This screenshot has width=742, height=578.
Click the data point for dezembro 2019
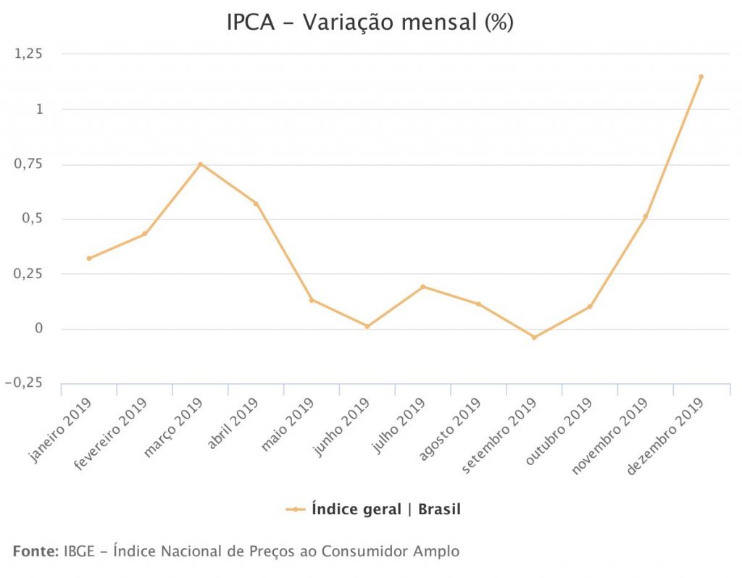click(701, 76)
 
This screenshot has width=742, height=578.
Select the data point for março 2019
click(200, 164)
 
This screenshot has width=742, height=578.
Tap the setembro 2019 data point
click(534, 338)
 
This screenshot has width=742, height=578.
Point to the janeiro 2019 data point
click(89, 258)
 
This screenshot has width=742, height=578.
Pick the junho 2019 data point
click(367, 327)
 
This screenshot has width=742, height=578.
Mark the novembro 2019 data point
click(645, 217)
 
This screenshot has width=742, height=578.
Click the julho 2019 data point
click(422, 287)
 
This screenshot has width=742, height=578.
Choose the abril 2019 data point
click(256, 204)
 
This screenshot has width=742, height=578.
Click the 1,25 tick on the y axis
click(28, 54)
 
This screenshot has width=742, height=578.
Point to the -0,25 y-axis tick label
click(24, 383)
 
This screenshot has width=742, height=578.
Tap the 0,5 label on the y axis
click(33, 219)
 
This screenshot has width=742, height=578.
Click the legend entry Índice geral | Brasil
click(385, 509)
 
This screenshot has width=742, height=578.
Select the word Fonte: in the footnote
click(36, 551)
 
